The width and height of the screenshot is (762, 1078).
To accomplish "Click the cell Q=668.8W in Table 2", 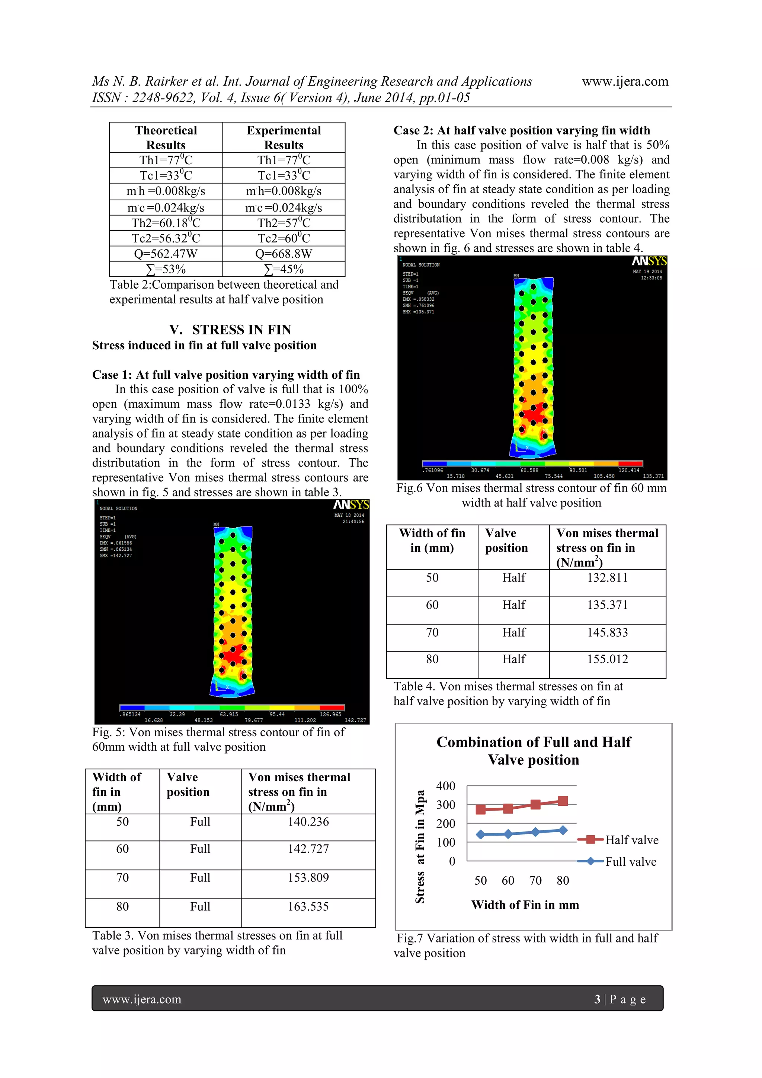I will point(284,254).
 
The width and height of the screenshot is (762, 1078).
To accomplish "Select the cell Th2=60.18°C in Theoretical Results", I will point(166,223).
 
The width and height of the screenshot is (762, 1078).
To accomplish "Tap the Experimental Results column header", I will point(284,137).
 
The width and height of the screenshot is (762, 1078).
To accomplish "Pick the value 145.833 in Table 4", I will point(607,632).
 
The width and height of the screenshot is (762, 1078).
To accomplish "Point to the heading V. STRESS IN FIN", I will point(230,329).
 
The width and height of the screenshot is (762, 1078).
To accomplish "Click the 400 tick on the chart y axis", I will point(445,786).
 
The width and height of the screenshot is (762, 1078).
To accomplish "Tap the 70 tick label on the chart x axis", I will point(535,880).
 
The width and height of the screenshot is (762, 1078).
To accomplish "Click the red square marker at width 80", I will point(563,801).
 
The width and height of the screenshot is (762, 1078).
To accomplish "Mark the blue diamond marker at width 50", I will point(480,834).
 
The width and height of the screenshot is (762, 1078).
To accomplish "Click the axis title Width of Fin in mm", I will point(525,905).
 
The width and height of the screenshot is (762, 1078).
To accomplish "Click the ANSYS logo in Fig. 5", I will point(351,505).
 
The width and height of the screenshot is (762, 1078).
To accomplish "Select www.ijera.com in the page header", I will point(625,81).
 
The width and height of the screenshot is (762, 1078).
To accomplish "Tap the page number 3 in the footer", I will point(597,999).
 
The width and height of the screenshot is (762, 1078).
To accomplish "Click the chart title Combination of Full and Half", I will point(534,742).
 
